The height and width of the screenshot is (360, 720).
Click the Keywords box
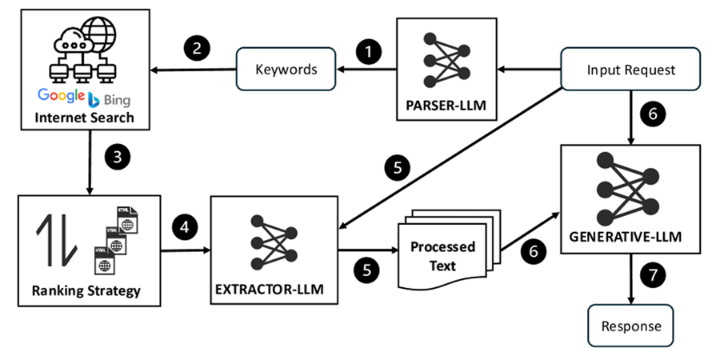click(286, 70)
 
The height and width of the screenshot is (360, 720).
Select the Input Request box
click(630, 70)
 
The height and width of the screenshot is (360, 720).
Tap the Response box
click(631, 326)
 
